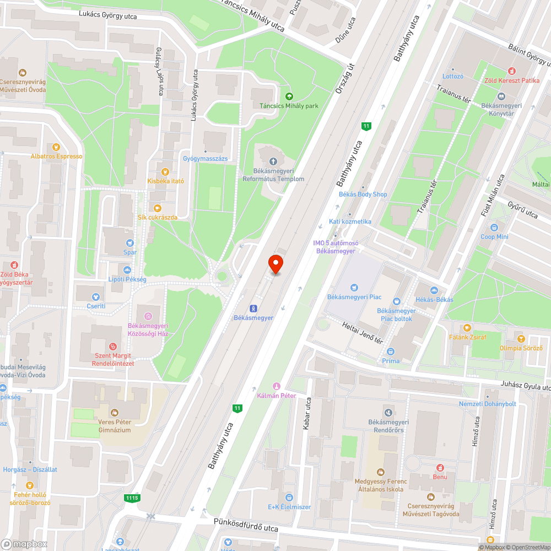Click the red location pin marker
[275, 263]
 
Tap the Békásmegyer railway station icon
[253, 309]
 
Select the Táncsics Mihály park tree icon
[289, 96]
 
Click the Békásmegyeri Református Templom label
[273, 175]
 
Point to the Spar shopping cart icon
[130, 242]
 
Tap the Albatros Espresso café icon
[56, 147]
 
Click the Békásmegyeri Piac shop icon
[354, 287]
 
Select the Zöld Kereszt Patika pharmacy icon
[511, 71]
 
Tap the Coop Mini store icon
[494, 227]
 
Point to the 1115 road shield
[132, 498]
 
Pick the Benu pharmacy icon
[440, 467]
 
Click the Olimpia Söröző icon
[521, 338]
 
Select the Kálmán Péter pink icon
[277, 386]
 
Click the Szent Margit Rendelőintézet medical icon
[114, 347]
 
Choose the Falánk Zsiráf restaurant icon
[468, 328]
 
